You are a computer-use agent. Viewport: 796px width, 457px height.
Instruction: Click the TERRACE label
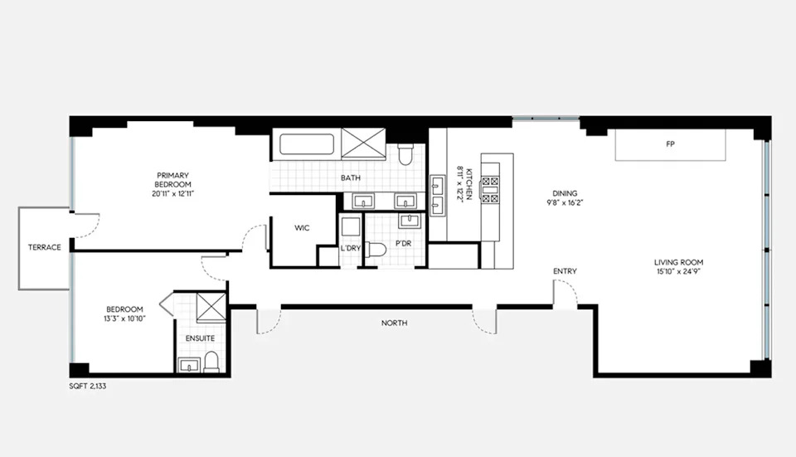click(45, 247)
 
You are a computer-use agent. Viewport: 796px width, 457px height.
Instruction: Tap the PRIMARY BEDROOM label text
click(172, 180)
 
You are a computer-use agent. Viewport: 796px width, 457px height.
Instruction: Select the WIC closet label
click(302, 228)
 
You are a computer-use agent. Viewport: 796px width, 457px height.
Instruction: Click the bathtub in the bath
click(307, 144)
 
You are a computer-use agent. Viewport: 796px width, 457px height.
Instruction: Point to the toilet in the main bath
click(405, 154)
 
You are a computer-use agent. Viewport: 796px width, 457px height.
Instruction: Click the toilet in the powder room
click(376, 250)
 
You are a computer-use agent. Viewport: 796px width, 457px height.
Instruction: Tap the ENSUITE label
click(200, 338)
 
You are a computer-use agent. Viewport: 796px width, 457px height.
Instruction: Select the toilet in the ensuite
click(211, 362)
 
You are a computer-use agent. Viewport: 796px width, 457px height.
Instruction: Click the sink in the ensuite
click(190, 365)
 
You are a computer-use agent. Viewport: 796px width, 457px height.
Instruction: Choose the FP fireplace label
click(670, 144)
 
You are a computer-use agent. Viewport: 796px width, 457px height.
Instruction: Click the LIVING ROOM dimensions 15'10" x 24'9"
click(679, 272)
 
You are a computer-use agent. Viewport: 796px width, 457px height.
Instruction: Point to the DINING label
click(565, 193)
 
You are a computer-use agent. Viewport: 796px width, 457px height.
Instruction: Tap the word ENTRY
click(565, 271)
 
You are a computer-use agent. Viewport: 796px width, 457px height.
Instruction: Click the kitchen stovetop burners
click(490, 189)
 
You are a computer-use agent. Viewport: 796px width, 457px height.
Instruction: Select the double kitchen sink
click(438, 196)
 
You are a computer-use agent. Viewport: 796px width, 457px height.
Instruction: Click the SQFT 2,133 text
click(88, 386)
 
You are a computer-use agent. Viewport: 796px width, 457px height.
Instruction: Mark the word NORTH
click(395, 323)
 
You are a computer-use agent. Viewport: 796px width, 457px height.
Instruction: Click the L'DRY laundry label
click(350, 248)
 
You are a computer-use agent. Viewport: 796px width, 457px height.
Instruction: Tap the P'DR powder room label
click(403, 244)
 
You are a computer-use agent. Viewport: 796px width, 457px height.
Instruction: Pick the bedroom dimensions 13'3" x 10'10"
click(124, 318)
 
